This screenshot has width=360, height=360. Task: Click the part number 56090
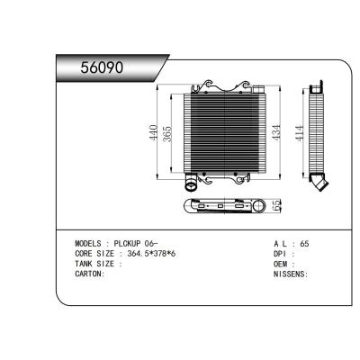coord(102,67)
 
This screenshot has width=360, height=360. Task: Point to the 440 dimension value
coord(154,132)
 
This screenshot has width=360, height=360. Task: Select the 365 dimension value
coord(166,133)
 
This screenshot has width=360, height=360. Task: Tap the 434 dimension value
coord(276,132)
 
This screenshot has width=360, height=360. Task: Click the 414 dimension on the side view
coord(299,133)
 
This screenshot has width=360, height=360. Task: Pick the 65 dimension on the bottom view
coord(276,205)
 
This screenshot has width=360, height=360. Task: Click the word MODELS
coord(88,243)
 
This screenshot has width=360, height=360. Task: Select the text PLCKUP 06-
coord(136,243)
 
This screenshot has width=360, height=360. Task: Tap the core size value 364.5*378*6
coord(151,254)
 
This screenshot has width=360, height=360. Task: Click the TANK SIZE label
coord(94,264)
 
